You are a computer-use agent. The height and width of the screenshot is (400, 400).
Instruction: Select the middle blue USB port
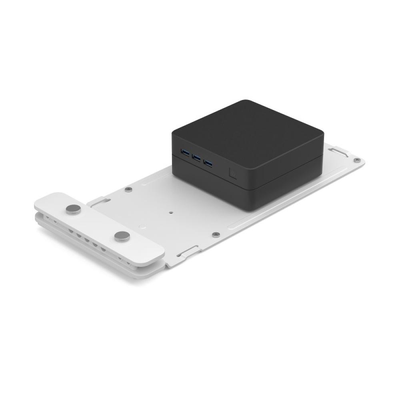(196, 157)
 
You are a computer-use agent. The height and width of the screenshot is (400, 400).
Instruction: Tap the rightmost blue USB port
(208, 162)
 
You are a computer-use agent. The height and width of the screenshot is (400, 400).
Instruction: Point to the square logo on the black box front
(233, 173)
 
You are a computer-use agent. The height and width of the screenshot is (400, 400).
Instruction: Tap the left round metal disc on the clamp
(73, 208)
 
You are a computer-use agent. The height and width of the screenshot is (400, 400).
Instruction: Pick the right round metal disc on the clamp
(122, 236)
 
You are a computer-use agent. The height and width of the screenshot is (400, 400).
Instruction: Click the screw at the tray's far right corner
(356, 160)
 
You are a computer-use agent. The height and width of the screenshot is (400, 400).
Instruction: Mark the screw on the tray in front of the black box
(216, 235)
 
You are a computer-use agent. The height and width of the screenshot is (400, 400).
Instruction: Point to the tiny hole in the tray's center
(171, 213)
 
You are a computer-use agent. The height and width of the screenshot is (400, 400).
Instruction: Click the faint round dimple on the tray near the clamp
(141, 226)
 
